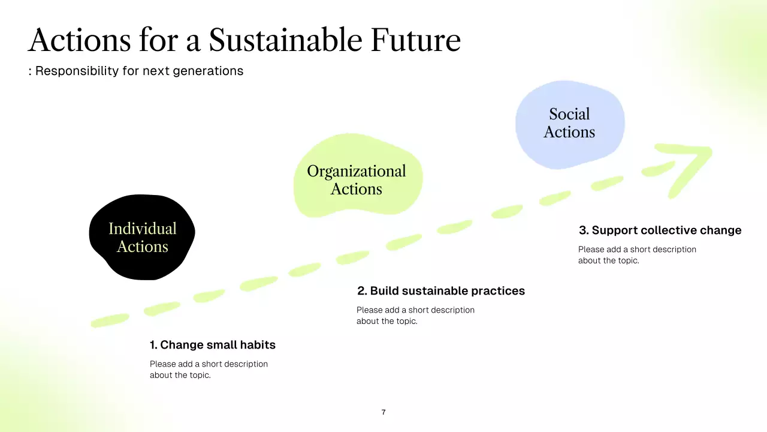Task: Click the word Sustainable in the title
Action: click(x=285, y=40)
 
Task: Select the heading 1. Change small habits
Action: click(x=213, y=345)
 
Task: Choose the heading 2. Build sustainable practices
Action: click(x=441, y=291)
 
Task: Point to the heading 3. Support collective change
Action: click(x=660, y=230)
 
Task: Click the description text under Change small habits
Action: click(x=209, y=370)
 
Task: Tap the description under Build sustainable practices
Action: click(x=415, y=316)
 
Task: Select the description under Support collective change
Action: click(x=637, y=255)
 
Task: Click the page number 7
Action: click(x=383, y=412)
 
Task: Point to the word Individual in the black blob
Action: click(x=143, y=229)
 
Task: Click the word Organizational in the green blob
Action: click(x=357, y=171)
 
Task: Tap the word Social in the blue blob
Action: click(x=569, y=114)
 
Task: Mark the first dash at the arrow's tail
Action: click(x=110, y=320)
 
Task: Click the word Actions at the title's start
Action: click(x=79, y=40)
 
